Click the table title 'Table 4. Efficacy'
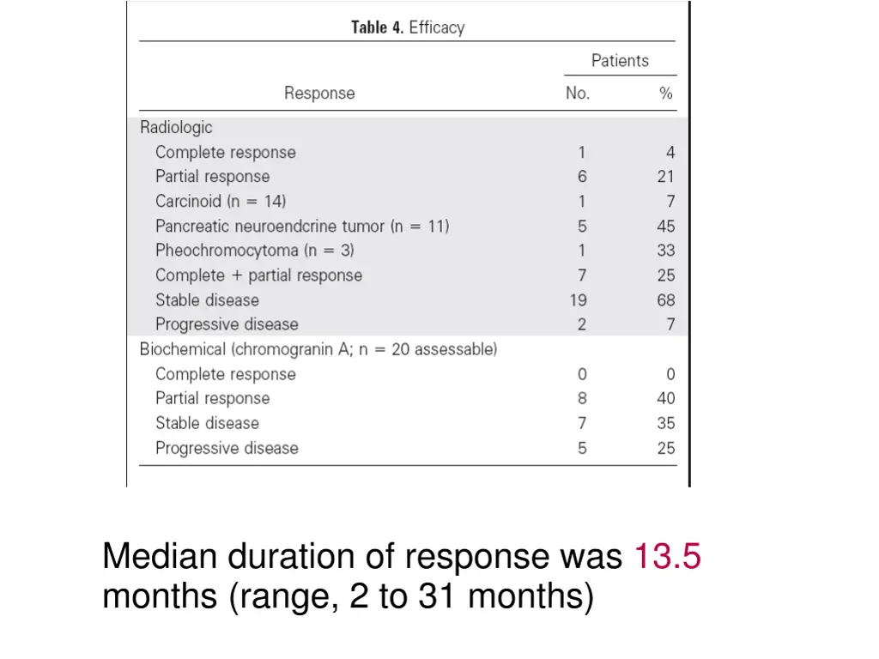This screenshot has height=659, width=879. click(x=408, y=27)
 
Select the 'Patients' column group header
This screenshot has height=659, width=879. click(x=620, y=61)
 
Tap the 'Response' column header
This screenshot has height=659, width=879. click(x=319, y=94)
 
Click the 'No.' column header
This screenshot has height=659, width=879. click(x=578, y=94)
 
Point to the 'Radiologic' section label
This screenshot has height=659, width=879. click(x=176, y=127)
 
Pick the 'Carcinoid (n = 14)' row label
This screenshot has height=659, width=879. click(x=221, y=202)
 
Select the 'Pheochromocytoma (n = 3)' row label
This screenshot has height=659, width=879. click(x=255, y=251)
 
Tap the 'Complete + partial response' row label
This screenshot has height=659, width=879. click(x=258, y=275)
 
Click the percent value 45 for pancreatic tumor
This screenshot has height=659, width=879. click(x=666, y=227)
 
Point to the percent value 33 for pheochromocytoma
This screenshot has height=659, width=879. click(x=666, y=251)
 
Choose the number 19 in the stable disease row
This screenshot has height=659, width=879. click(x=579, y=300)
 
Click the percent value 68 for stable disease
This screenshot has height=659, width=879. click(x=666, y=300)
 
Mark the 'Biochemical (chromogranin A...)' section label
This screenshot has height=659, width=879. click(x=318, y=349)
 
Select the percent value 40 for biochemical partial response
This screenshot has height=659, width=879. click(x=666, y=398)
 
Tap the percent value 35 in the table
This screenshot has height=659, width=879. click(x=666, y=423)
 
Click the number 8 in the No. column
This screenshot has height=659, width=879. click(x=582, y=398)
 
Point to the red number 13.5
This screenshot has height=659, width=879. click(x=667, y=557)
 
